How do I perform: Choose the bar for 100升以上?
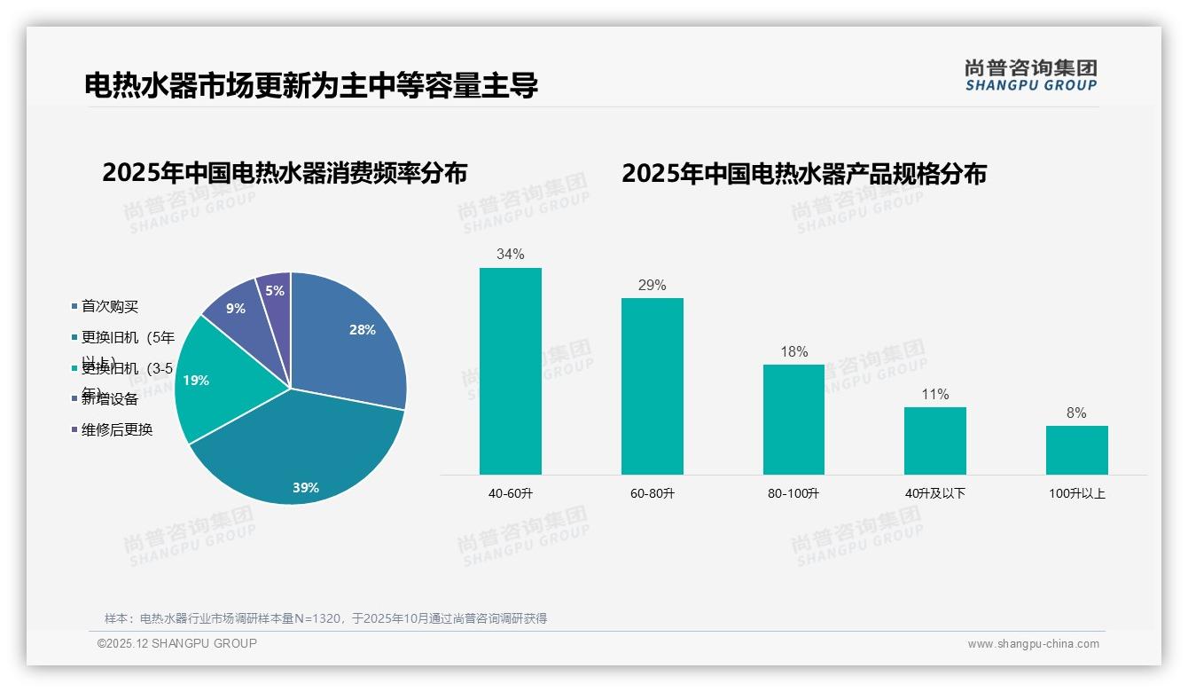(x=1076, y=450)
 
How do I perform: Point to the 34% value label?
(x=510, y=255)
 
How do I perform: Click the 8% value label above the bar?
(x=1076, y=413)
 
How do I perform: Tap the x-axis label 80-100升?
(x=793, y=493)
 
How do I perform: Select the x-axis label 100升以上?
(x=1076, y=493)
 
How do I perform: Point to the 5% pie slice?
(x=276, y=291)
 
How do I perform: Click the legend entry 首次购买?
(x=110, y=307)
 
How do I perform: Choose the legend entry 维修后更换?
(x=117, y=430)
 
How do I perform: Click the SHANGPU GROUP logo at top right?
(x=1030, y=75)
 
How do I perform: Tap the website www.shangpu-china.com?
(x=1033, y=644)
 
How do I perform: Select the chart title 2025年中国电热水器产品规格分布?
(x=803, y=174)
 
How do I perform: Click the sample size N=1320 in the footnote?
(x=316, y=618)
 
